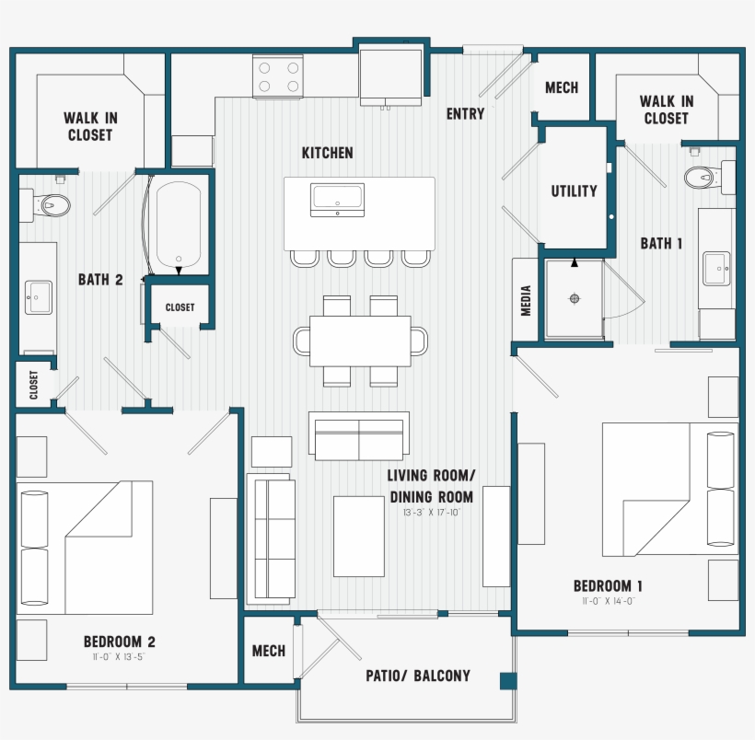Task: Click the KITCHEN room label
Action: pyautogui.click(x=327, y=153)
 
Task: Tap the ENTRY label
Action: pyautogui.click(x=465, y=114)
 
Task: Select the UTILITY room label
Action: pyautogui.click(x=574, y=191)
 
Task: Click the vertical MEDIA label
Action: pyautogui.click(x=527, y=301)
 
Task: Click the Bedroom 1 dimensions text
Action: pyautogui.click(x=608, y=601)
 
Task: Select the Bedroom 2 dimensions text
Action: pyautogui.click(x=119, y=657)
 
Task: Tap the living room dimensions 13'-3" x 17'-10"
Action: pyautogui.click(x=430, y=513)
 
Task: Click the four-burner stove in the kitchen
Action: pyautogui.click(x=279, y=76)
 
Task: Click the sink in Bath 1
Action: pyautogui.click(x=718, y=269)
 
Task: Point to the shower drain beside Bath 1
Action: pyautogui.click(x=575, y=298)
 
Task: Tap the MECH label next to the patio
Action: pyautogui.click(x=269, y=651)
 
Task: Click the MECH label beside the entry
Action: pyautogui.click(x=562, y=87)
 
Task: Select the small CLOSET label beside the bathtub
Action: pyautogui.click(x=180, y=307)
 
